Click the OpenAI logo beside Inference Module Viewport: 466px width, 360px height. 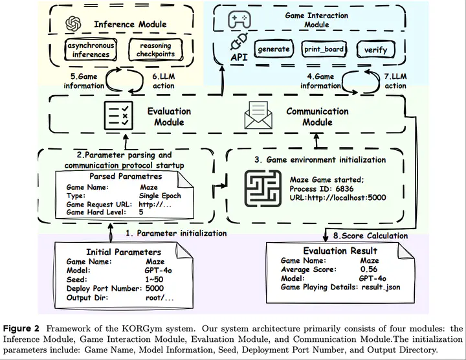click(73, 24)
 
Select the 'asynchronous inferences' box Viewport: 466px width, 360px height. click(91, 50)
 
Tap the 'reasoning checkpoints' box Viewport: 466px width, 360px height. click(155, 50)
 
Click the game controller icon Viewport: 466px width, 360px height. click(239, 19)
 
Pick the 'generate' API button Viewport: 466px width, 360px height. click(274, 49)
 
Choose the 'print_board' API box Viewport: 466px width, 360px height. click(324, 49)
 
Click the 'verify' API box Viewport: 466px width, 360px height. click(375, 50)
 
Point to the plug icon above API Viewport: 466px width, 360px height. click(239, 41)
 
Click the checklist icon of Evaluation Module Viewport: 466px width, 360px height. click(118, 115)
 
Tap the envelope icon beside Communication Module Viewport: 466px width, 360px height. click(258, 115)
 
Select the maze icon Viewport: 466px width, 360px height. click(263, 189)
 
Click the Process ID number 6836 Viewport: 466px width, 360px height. click(344, 189)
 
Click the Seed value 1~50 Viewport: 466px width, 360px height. click(154, 280)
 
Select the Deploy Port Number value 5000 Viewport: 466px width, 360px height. click(155, 288)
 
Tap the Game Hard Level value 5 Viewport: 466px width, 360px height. click(141, 212)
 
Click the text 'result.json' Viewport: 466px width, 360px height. click(381, 287)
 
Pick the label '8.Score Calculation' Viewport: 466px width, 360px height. click(370, 236)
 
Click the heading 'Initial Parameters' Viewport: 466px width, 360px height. click(124, 252)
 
